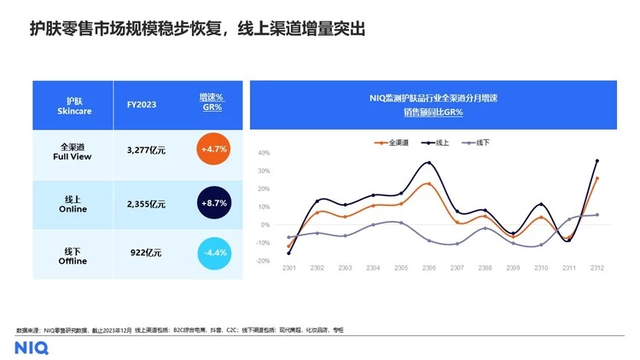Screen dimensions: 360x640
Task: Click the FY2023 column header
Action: (142, 105)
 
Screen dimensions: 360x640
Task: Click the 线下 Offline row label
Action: (73, 253)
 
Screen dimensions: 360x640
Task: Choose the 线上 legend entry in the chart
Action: (437, 142)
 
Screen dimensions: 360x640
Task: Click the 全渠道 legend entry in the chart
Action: (392, 142)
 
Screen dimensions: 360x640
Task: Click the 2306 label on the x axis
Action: (429, 270)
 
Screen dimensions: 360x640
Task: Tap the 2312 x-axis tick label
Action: (596, 270)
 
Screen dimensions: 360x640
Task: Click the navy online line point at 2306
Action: (428, 163)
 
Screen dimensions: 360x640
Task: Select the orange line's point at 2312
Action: (596, 178)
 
